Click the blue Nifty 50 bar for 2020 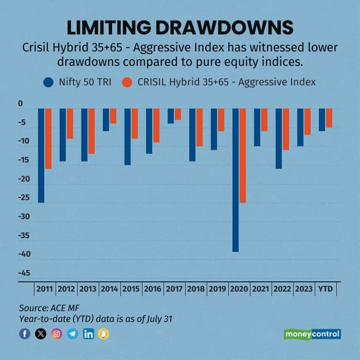[x=236, y=180]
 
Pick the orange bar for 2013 [x=92, y=131]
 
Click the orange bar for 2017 [x=178, y=114]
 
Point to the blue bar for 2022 [x=279, y=138]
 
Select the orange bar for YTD [x=329, y=118]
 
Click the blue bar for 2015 [x=128, y=137]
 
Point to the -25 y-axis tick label [x=24, y=198]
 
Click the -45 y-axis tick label [x=24, y=273]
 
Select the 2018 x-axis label [x=196, y=290]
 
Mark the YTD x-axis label [x=326, y=290]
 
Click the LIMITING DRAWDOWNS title [x=180, y=28]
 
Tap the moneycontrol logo [x=312, y=334]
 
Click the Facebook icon [x=25, y=334]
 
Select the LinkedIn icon [x=88, y=334]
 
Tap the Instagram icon [x=57, y=334]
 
